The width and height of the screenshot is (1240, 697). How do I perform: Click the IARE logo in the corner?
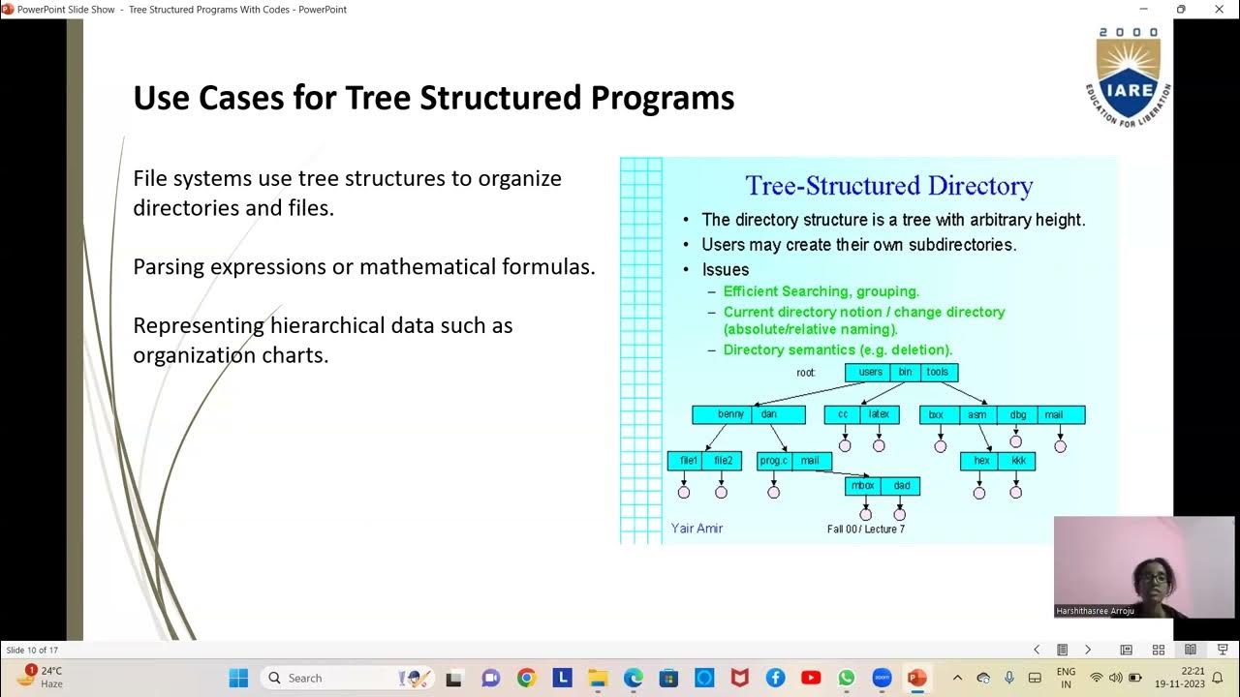click(1128, 77)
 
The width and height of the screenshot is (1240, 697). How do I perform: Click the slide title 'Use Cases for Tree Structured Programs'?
click(433, 98)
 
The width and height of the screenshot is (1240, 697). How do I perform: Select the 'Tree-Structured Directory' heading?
click(888, 186)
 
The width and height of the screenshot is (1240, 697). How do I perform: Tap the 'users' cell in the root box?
click(870, 373)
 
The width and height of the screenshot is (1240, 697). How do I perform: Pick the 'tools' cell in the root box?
click(937, 373)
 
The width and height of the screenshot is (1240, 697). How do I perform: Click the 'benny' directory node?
click(730, 414)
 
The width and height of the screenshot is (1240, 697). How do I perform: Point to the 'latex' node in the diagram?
click(879, 414)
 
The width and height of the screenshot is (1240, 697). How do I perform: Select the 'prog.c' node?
click(774, 461)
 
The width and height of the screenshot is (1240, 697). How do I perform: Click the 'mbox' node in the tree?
click(862, 486)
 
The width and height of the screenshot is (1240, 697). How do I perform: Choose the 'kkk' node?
click(1018, 461)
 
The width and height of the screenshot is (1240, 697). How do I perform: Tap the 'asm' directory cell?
click(976, 415)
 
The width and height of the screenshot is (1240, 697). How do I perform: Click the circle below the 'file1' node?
click(684, 493)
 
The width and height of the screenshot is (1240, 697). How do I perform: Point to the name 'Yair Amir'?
click(697, 529)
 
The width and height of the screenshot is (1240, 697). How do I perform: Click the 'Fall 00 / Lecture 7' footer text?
click(865, 530)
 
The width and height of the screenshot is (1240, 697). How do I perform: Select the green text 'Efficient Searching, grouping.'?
click(821, 291)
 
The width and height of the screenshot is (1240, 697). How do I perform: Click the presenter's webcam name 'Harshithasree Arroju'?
click(1095, 612)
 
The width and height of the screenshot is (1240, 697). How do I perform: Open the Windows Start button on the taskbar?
click(238, 678)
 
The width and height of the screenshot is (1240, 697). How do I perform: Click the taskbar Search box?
click(329, 678)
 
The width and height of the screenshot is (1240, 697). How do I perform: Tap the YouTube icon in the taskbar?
click(811, 678)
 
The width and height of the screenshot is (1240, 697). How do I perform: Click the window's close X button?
click(1219, 10)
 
